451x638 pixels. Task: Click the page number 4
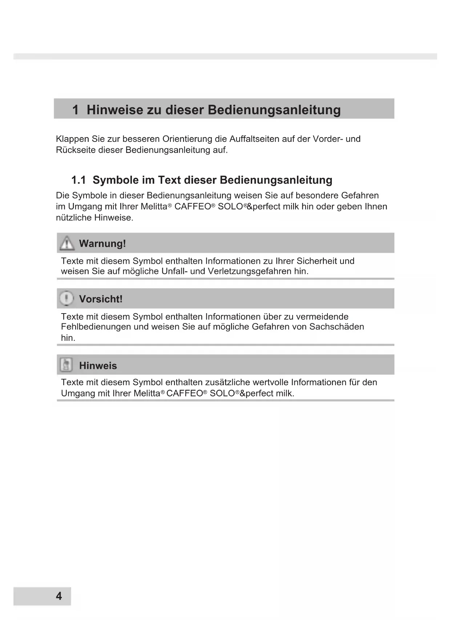pos(59,596)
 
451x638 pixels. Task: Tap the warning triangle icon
pos(67,243)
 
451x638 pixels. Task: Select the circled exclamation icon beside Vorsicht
pos(67,299)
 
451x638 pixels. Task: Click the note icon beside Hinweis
pos(66,365)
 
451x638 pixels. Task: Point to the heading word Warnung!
pos(102,243)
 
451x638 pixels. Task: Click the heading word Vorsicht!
pos(101,299)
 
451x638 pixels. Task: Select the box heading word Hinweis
pos(98,366)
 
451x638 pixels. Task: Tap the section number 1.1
pos(78,180)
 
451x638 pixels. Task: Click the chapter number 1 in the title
pos(75,110)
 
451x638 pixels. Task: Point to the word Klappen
pos(72,139)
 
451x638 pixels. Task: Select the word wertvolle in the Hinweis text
pos(270,382)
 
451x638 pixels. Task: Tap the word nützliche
pos(74,218)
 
